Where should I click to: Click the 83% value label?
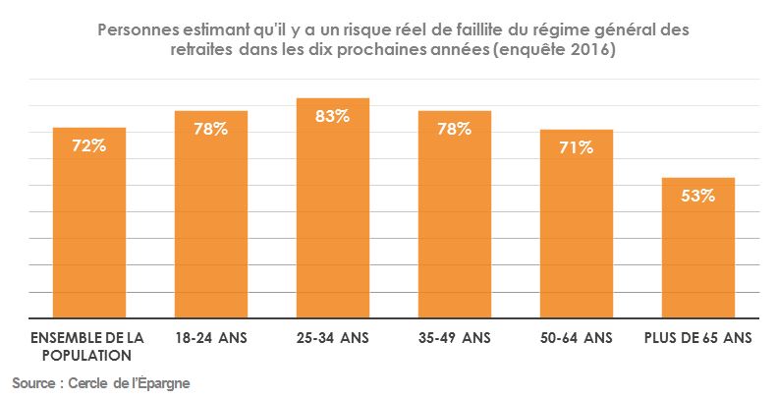pyautogui.click(x=333, y=116)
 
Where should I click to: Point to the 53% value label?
pyautogui.click(x=698, y=196)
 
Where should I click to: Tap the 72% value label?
pyautogui.click(x=89, y=145)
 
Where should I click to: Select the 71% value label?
pyautogui.click(x=577, y=147)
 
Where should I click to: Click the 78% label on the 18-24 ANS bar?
pyautogui.click(x=211, y=129)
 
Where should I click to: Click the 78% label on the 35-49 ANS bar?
pyautogui.click(x=455, y=129)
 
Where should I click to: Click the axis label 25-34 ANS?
pyautogui.click(x=333, y=338)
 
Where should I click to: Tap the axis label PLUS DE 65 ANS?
pyautogui.click(x=698, y=338)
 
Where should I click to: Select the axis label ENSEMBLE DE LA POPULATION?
pyautogui.click(x=88, y=346)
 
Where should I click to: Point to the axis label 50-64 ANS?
pyautogui.click(x=577, y=338)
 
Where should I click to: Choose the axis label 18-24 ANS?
pyautogui.click(x=211, y=338)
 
